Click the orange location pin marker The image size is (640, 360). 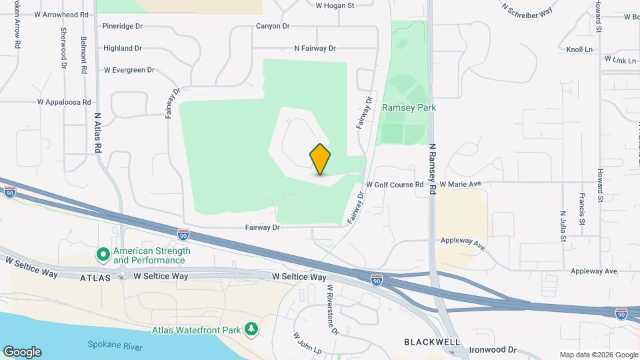(320, 159)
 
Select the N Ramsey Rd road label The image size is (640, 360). (432, 169)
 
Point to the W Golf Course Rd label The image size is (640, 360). (395, 184)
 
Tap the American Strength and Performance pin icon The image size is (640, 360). (103, 255)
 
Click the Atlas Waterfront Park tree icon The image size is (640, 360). (251, 329)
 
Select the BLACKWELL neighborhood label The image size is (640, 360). (432, 341)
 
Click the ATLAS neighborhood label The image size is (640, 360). (94, 276)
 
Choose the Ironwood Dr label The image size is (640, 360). (494, 349)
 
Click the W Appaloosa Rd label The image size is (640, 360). (64, 103)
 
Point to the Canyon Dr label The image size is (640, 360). (273, 26)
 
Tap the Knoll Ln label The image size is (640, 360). (579, 49)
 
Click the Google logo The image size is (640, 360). (21, 351)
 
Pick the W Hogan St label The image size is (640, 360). (335, 5)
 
